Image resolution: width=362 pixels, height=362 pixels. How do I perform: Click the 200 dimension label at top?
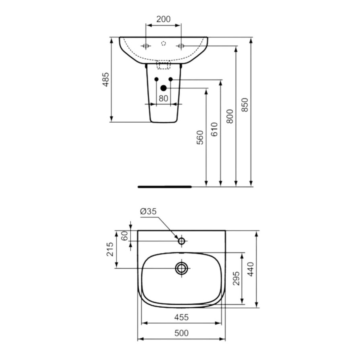pos(163,19)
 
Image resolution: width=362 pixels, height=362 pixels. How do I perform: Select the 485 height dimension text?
pos(105,79)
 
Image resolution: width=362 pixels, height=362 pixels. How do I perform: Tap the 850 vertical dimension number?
pos(245,105)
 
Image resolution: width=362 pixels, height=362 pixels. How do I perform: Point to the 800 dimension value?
pos(230,116)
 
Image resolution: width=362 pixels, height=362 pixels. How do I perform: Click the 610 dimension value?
pos(214,129)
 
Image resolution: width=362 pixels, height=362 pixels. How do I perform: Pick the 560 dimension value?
pos(200,138)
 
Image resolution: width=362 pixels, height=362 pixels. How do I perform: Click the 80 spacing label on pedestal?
pos(163,99)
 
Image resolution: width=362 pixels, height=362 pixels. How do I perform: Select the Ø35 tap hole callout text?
pos(148,211)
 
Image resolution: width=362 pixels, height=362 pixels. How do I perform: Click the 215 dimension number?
pos(110,249)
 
